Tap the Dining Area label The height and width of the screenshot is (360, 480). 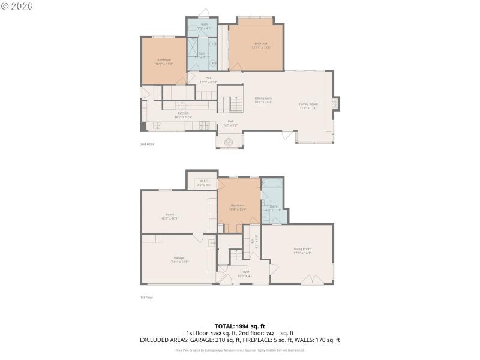(263, 100)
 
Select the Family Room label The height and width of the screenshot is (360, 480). (308, 105)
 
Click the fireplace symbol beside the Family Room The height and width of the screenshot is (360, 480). (335, 104)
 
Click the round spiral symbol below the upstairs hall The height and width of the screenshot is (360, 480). (229, 142)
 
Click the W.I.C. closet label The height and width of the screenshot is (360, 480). (203, 183)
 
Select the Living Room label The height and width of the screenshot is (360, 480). (302, 250)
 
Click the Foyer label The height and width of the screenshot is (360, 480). (245, 274)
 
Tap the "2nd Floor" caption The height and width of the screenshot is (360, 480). (147, 144)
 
